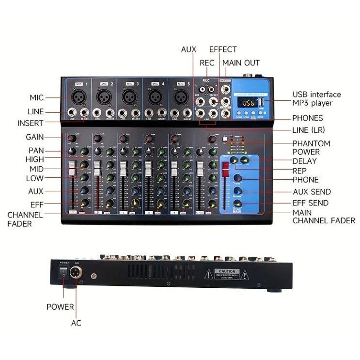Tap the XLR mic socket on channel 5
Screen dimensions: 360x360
tap(183, 96)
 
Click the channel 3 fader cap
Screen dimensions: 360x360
tap(123, 169)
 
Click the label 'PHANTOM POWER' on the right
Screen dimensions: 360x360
tap(311, 148)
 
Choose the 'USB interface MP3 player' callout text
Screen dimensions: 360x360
tap(316, 99)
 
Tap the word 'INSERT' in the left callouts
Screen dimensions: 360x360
tap(31, 123)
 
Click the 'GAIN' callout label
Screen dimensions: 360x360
tap(35, 138)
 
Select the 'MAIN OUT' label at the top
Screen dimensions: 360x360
tap(241, 63)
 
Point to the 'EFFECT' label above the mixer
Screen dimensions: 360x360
tap(223, 49)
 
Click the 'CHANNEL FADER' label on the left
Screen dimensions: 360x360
tap(25, 219)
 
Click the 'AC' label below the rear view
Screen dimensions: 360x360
tap(76, 323)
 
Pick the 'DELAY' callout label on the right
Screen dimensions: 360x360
tap(304, 161)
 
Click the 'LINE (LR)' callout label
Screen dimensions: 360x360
tap(308, 130)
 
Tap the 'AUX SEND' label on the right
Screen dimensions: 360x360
tap(312, 192)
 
